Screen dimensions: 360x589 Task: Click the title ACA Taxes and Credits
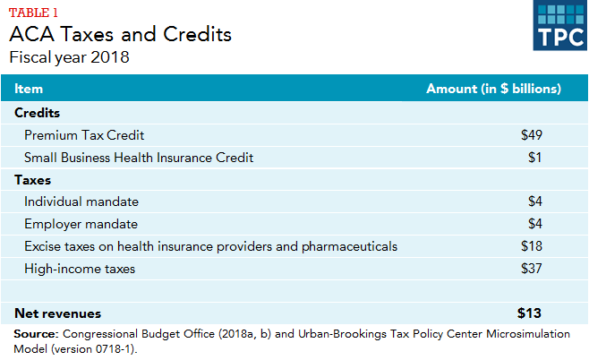(x=120, y=35)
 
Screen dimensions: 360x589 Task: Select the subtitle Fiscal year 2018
(x=69, y=58)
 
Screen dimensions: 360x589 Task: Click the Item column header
(x=29, y=90)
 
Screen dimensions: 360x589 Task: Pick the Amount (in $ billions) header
(x=493, y=90)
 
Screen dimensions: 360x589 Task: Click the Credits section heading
(x=38, y=113)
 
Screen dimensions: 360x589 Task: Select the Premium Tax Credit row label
(x=84, y=135)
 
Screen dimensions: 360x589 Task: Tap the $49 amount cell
(x=532, y=135)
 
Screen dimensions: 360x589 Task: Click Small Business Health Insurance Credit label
(x=139, y=158)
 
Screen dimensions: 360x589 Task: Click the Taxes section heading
(x=33, y=180)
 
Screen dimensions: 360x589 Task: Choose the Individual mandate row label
(x=81, y=201)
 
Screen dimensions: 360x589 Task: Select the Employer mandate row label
(x=81, y=224)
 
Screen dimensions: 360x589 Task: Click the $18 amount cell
(x=532, y=246)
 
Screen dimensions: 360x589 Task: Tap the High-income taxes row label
(x=81, y=268)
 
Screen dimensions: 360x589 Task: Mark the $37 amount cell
(x=532, y=268)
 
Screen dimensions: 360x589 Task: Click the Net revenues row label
(x=58, y=313)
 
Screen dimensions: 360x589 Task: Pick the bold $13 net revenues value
(x=530, y=313)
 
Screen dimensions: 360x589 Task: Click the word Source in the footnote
(x=34, y=334)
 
